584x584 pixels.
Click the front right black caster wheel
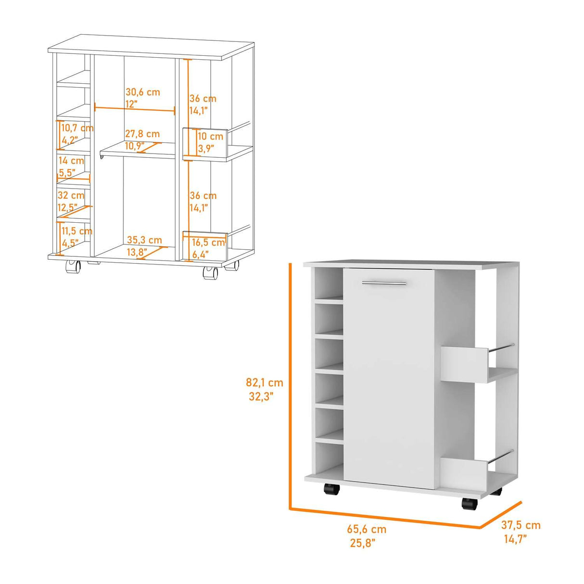coord(469,504)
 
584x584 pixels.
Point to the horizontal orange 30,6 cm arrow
coord(135,109)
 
